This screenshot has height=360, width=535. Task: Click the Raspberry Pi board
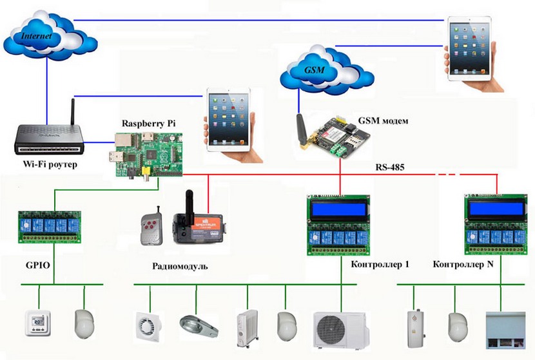[148, 155]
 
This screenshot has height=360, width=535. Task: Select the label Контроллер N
[463, 265]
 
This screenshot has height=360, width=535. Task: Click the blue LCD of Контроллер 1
[339, 210]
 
